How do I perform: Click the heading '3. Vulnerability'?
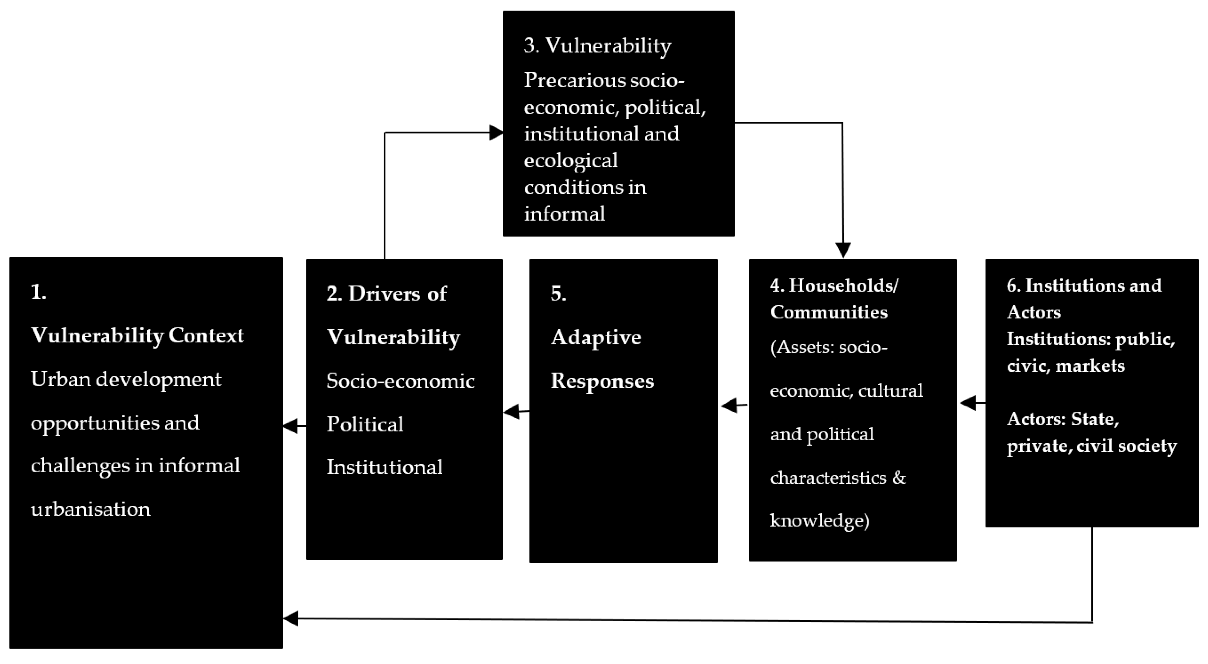point(597,46)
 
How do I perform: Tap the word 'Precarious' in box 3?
point(574,80)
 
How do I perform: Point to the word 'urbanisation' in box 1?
point(91,509)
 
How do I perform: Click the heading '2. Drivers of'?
point(386,294)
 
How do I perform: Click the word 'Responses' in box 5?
point(602,381)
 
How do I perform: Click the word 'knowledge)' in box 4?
point(819,520)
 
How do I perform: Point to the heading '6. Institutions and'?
point(1084,285)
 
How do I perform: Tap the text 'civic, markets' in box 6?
point(1065,366)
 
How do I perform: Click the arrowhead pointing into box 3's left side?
point(496,133)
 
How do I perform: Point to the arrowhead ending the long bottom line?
point(291,618)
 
